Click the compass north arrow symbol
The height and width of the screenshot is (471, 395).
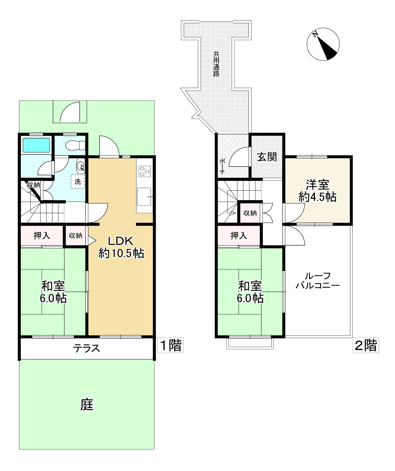(x=323, y=44)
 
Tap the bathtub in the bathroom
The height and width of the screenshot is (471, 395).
(x=36, y=145)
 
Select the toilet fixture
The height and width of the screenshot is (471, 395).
(x=75, y=145)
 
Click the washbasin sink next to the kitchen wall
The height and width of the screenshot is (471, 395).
(x=81, y=166)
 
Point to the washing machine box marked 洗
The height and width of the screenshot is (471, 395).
(x=78, y=181)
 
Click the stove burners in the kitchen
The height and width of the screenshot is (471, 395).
(x=145, y=171)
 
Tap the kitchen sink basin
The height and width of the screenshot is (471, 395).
(x=144, y=197)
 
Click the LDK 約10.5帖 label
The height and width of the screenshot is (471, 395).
(x=121, y=247)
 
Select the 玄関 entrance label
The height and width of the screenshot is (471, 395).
(x=267, y=157)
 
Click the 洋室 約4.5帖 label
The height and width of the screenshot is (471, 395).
(x=317, y=191)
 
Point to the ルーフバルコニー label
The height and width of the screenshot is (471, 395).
(x=318, y=281)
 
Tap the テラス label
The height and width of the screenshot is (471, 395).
(x=87, y=348)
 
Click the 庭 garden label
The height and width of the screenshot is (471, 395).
(x=87, y=405)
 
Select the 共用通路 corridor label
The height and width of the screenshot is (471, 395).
(x=216, y=64)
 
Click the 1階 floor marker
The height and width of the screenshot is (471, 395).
(x=170, y=345)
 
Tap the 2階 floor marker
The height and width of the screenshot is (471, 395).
(x=366, y=345)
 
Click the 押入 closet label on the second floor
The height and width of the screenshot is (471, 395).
(x=239, y=235)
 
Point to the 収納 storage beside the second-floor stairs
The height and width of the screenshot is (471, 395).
(x=250, y=213)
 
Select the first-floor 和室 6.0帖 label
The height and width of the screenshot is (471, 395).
(x=53, y=292)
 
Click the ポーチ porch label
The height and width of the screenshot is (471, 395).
(x=222, y=167)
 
